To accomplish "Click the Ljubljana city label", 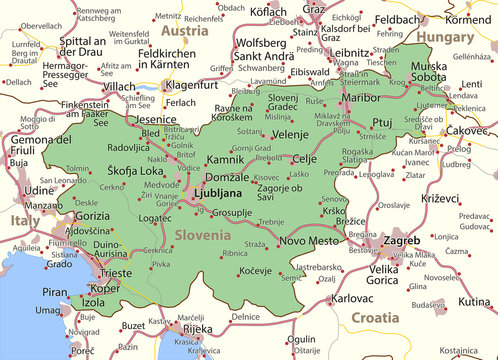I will click(x=217, y=192).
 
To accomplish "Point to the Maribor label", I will click(x=362, y=98).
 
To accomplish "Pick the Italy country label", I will click(x=24, y=219).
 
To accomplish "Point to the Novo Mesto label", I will click(x=310, y=241).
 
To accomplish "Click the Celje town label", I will click(x=304, y=159).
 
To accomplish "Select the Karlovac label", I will click(x=352, y=298).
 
